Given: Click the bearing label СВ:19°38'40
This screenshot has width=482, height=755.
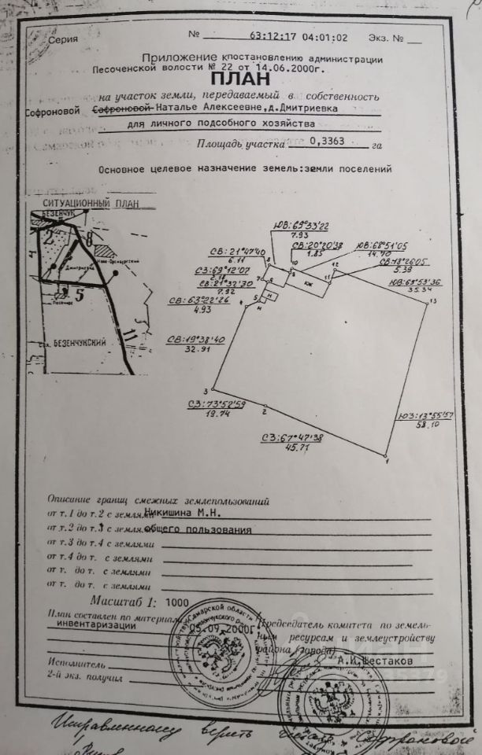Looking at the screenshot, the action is click(x=196, y=340).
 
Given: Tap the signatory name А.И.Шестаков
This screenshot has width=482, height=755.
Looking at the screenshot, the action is click(x=385, y=661).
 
